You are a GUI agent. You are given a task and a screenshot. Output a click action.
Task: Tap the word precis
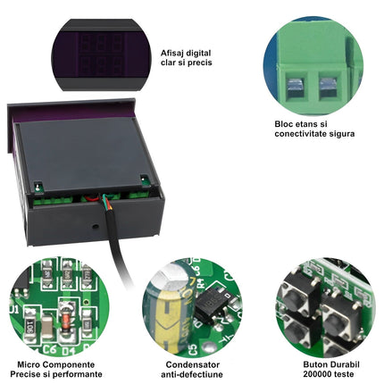coord(199,63)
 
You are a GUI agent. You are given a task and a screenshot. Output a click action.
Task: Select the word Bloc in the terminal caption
coord(284,124)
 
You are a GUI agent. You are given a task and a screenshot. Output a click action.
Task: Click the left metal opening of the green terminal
coord(296,86)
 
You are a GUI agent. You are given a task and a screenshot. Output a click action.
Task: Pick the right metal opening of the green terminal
coord(328,86)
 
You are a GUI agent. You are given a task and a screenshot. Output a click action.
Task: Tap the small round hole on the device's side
coord(96,226)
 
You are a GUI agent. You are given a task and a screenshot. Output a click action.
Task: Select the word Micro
coord(28,364)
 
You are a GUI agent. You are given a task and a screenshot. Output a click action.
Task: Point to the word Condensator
coord(193,364)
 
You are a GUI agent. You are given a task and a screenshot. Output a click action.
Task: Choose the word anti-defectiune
coord(192,374)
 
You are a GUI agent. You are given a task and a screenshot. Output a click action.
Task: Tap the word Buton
coord(314,364)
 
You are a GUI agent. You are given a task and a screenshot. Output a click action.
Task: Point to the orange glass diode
coord(66,321)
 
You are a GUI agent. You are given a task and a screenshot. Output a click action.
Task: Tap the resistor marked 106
coord(31,324)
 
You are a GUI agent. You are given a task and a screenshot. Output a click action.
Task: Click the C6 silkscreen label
coord(49,349)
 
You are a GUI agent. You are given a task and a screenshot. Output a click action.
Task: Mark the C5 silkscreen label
coord(193,349)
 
